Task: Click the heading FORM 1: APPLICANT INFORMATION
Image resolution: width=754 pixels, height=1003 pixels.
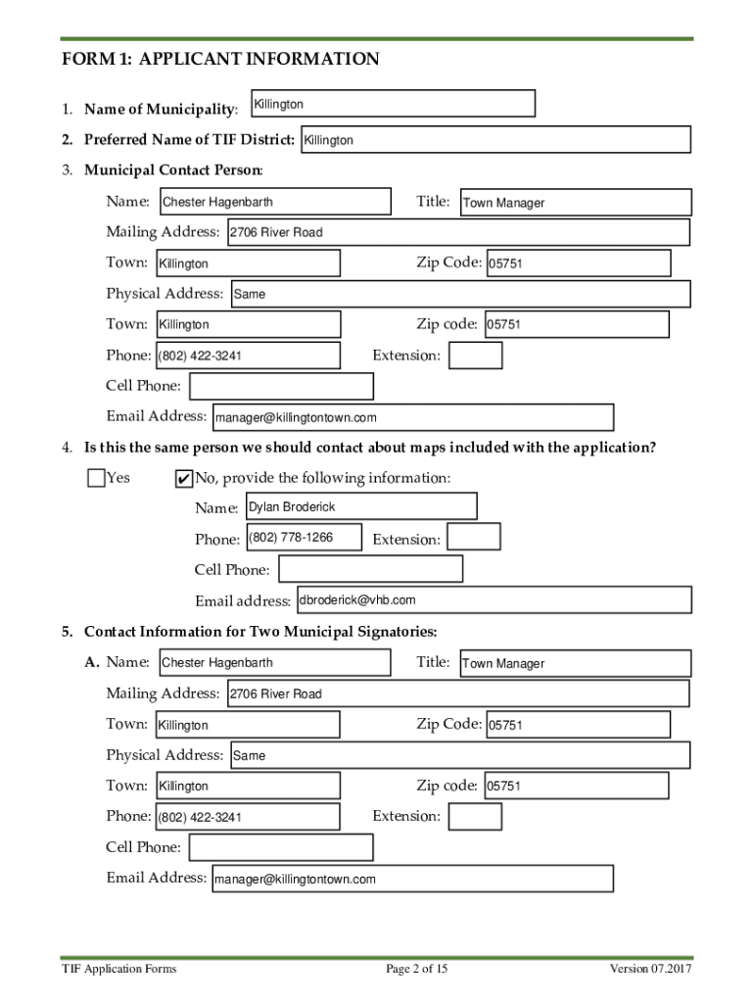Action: (x=220, y=60)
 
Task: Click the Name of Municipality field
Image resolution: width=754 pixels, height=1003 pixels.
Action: (x=393, y=104)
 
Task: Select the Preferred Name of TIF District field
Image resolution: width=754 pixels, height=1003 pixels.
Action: (x=495, y=140)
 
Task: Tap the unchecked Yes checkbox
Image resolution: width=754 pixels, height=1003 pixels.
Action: (x=95, y=478)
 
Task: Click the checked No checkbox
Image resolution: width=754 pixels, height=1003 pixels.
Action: (x=183, y=479)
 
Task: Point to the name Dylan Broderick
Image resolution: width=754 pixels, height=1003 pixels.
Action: (x=292, y=507)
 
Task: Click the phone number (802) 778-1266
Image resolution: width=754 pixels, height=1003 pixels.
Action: (x=291, y=538)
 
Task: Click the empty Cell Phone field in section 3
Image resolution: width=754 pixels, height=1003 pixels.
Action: (x=281, y=387)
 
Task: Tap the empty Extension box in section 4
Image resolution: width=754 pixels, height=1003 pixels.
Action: (x=474, y=537)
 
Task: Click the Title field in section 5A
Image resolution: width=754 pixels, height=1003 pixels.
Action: (x=575, y=663)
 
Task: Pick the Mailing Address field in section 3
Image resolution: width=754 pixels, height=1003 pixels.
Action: (x=457, y=232)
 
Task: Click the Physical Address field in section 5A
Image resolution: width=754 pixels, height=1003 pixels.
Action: (x=459, y=755)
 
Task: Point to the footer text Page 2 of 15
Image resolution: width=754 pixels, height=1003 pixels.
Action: (x=417, y=970)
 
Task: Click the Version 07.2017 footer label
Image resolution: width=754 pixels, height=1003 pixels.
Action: (x=651, y=970)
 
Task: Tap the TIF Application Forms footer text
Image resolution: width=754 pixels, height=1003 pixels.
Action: (x=118, y=970)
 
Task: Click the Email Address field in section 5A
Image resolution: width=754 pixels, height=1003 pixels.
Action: (x=411, y=879)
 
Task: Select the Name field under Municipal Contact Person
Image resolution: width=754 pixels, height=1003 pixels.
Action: (x=273, y=202)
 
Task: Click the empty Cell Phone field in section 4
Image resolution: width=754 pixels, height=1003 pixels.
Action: (x=370, y=569)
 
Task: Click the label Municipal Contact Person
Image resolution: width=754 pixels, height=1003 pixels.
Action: (x=173, y=170)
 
